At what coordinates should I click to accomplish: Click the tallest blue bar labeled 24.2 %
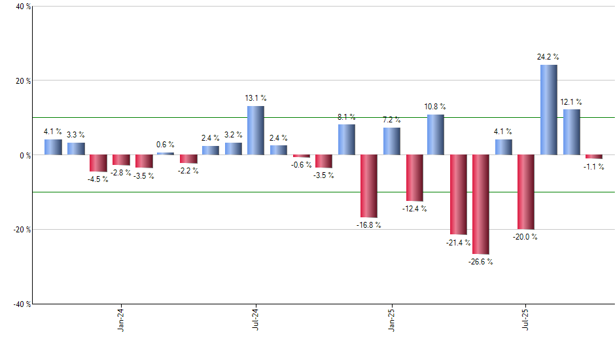(x=548, y=110)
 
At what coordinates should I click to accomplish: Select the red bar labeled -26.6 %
(x=480, y=204)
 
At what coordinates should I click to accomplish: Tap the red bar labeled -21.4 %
(x=458, y=194)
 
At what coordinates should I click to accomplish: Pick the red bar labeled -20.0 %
(x=525, y=192)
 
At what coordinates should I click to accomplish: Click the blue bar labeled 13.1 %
(x=255, y=130)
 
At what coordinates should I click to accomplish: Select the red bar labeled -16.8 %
(x=368, y=186)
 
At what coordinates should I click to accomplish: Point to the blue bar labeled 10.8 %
(x=436, y=135)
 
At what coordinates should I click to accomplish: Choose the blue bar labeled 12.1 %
(x=571, y=132)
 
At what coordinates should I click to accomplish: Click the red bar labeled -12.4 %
(x=413, y=178)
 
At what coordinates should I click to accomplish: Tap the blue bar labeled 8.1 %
(x=346, y=139)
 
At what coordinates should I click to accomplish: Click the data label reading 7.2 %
(x=392, y=120)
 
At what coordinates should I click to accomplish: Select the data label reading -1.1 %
(x=594, y=167)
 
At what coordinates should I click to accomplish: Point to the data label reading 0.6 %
(x=166, y=145)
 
